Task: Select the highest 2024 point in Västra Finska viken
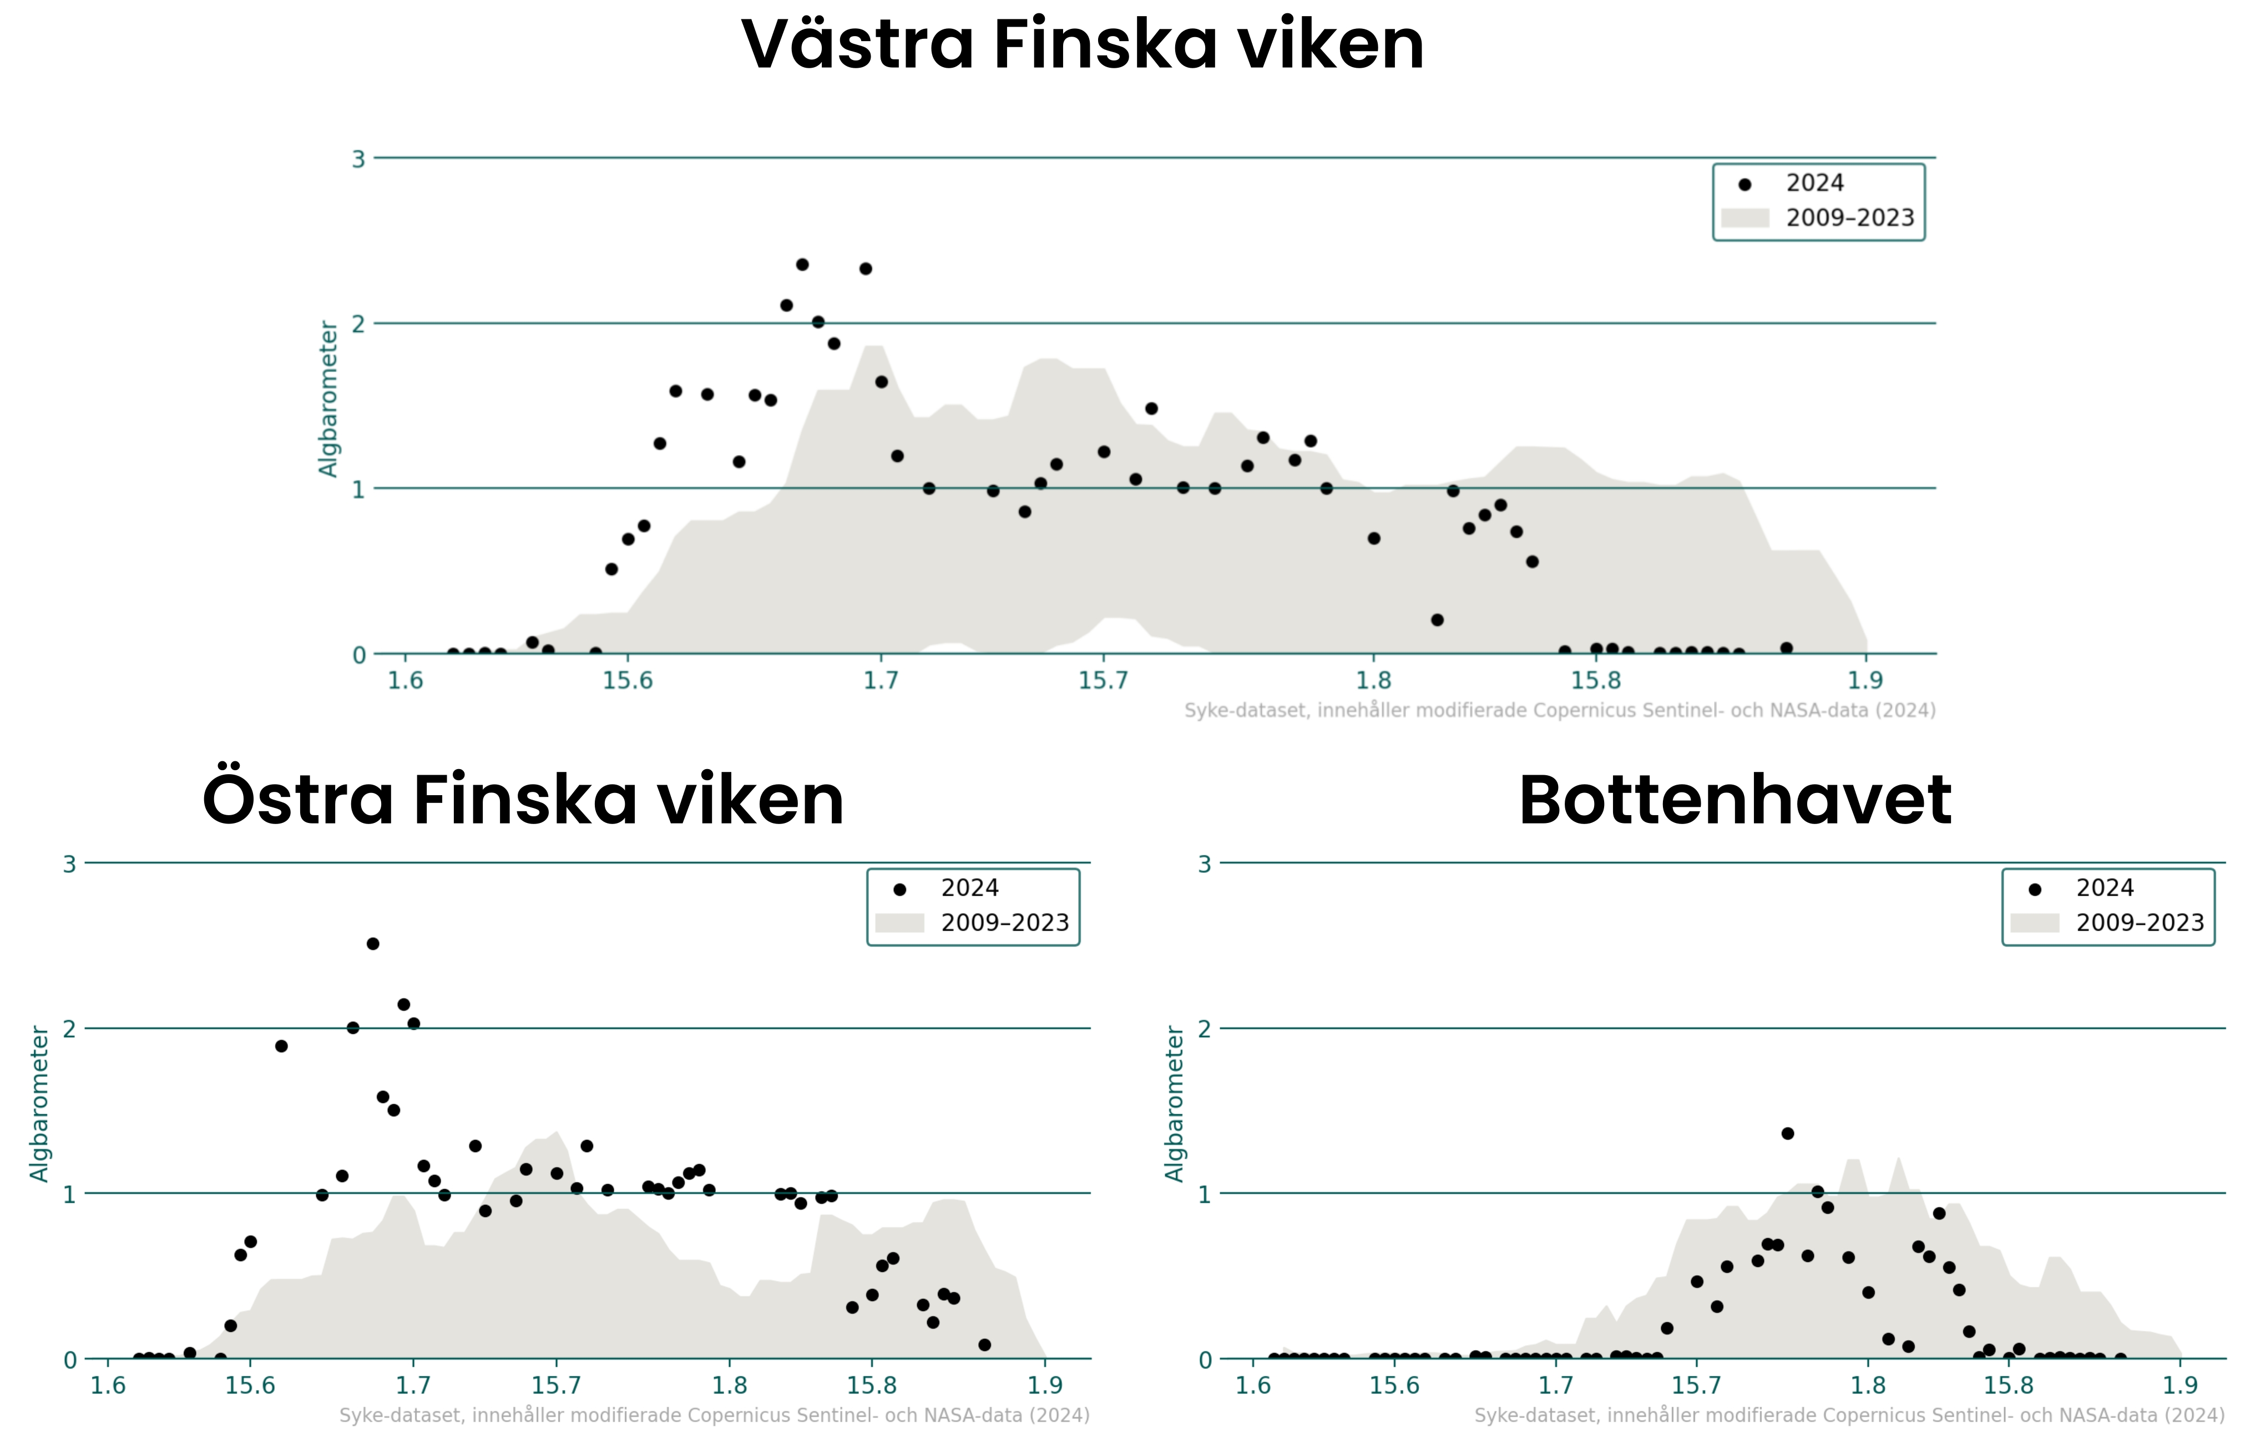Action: pyautogui.click(x=802, y=265)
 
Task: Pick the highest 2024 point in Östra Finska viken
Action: pyautogui.click(x=373, y=944)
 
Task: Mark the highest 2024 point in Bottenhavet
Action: pyautogui.click(x=1787, y=1134)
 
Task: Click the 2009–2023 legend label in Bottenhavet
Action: pyautogui.click(x=2140, y=923)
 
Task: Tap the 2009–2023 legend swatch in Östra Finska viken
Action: pyautogui.click(x=899, y=923)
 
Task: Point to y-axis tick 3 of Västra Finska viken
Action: pyautogui.click(x=358, y=159)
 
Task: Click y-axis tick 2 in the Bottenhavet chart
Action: pyautogui.click(x=1205, y=1029)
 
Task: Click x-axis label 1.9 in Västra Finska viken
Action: pyautogui.click(x=1866, y=680)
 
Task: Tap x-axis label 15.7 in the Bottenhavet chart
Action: pyautogui.click(x=1697, y=1386)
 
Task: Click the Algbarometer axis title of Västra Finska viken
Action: pyautogui.click(x=328, y=398)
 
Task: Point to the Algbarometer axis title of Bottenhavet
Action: pyautogui.click(x=1174, y=1104)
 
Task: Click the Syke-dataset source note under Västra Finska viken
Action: pyautogui.click(x=1560, y=710)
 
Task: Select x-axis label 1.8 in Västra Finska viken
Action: pyautogui.click(x=1374, y=680)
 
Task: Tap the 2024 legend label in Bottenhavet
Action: pyautogui.click(x=2105, y=888)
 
